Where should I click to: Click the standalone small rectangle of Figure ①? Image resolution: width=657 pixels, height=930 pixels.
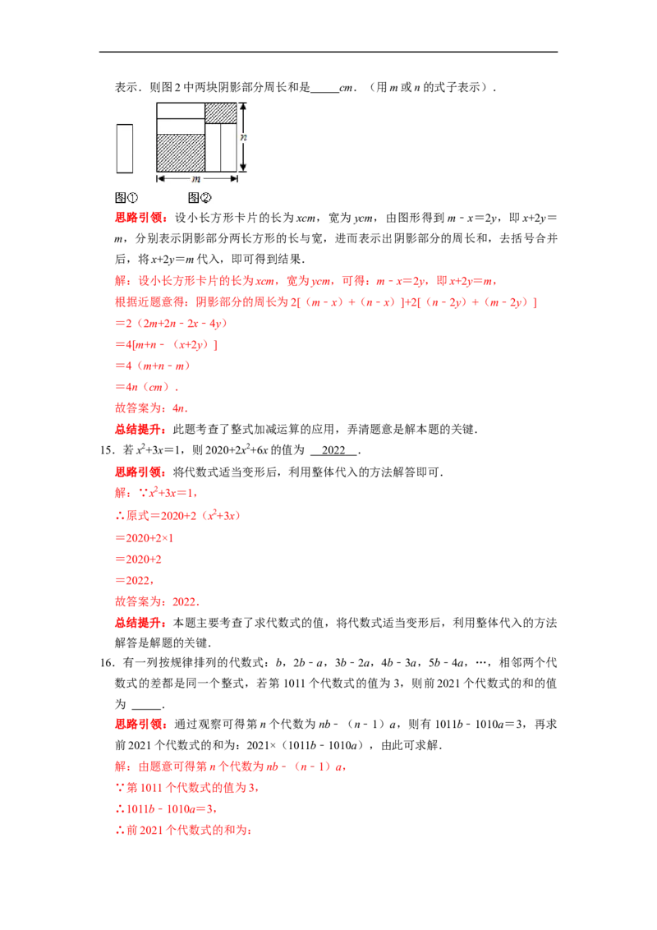[124, 148]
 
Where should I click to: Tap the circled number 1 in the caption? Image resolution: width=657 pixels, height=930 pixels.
[132, 197]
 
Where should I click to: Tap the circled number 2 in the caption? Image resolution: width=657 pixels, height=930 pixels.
[206, 197]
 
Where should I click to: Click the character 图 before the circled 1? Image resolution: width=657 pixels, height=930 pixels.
[119, 197]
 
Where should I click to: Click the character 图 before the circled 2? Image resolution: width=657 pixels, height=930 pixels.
[194, 197]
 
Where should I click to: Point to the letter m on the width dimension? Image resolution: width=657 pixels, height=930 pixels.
[196, 178]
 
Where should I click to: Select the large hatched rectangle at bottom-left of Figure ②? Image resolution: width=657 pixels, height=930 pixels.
[180, 153]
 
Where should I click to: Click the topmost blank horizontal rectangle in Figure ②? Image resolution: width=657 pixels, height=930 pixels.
[180, 110]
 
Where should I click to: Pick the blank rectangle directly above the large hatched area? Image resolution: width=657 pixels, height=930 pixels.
[180, 126]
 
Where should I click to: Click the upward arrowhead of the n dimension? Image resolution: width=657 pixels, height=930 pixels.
[243, 106]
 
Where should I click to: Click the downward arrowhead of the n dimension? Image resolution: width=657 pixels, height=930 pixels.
[243, 168]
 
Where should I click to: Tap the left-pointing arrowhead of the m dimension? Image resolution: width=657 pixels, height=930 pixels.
[160, 178]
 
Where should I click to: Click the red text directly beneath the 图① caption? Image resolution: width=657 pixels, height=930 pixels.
[141, 219]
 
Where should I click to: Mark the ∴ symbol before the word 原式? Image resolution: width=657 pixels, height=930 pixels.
[117, 516]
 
